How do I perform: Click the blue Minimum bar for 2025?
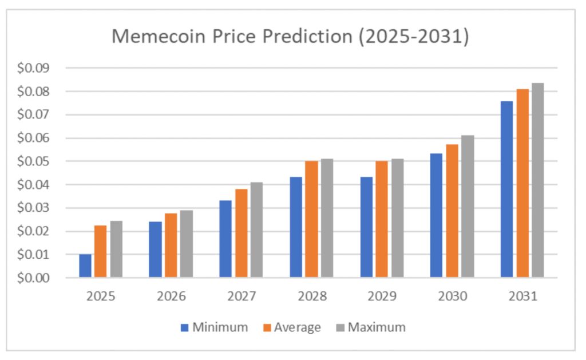click(85, 266)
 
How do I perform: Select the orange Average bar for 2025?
click(100, 252)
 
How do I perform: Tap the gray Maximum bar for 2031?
click(537, 180)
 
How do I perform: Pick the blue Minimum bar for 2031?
click(506, 189)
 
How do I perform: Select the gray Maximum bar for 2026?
click(186, 244)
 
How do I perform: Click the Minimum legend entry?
click(214, 327)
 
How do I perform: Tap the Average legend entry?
click(291, 327)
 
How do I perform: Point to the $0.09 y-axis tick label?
click(34, 68)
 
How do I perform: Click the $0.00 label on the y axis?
click(34, 278)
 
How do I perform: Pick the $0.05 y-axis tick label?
click(34, 161)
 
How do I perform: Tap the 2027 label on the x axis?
click(241, 297)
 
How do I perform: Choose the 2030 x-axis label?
click(452, 297)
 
